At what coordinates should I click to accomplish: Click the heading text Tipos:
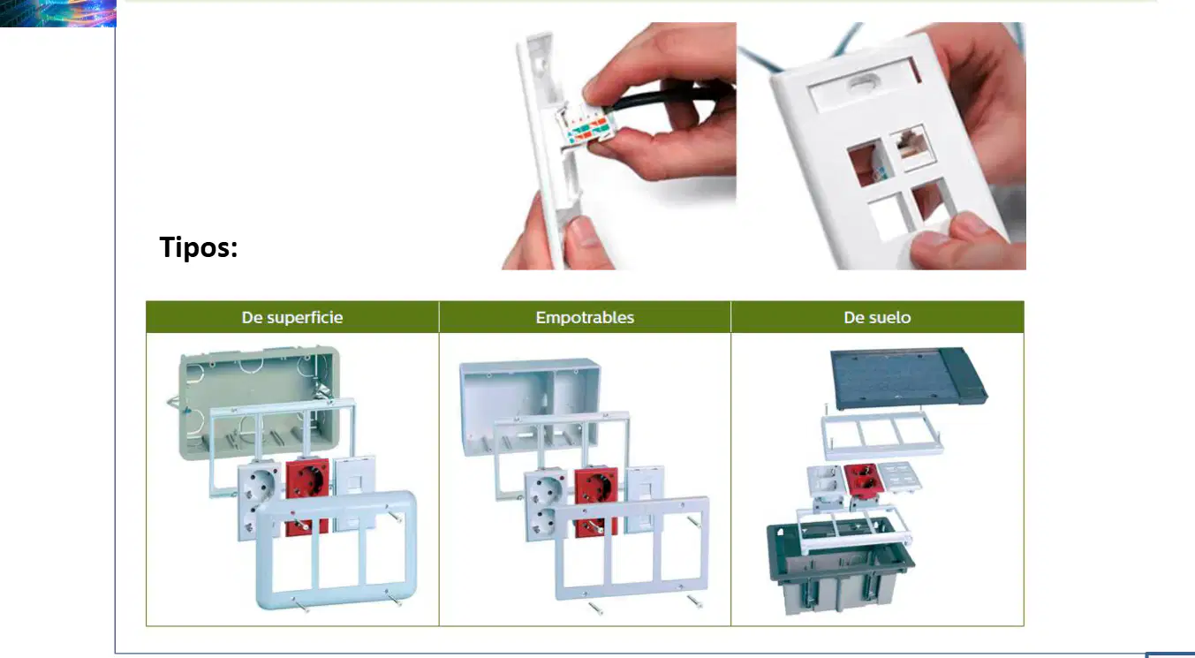[199, 247]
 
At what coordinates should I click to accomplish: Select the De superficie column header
[292, 318]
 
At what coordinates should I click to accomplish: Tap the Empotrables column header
[585, 318]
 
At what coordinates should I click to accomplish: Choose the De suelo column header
[878, 318]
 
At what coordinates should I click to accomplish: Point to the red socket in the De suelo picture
[860, 480]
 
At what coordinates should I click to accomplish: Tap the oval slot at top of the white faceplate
[865, 83]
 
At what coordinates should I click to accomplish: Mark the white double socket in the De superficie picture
[258, 500]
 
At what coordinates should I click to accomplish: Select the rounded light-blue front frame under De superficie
[337, 550]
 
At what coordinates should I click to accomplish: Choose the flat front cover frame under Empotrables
[632, 548]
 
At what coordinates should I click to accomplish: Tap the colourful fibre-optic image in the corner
[58, 13]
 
